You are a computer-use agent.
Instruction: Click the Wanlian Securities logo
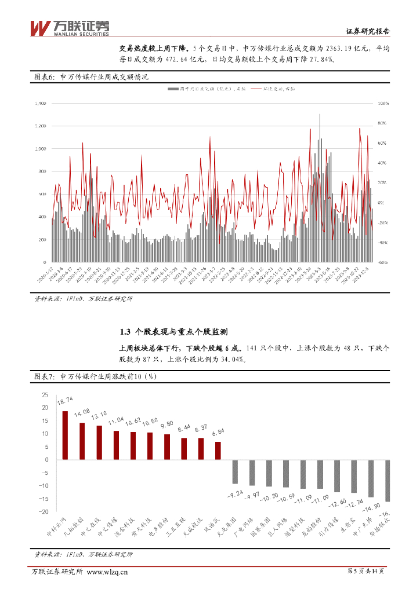pyautogui.click(x=68, y=28)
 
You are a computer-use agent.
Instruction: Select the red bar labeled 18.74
pyautogui.click(x=65, y=435)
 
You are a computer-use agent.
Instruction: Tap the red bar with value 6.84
pyautogui.click(x=218, y=451)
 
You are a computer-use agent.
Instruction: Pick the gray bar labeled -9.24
pyautogui.click(x=235, y=471)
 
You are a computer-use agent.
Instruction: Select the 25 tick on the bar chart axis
pyautogui.click(x=45, y=394)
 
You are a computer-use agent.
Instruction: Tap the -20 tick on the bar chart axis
pyautogui.click(x=44, y=512)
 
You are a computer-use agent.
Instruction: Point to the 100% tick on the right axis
pyautogui.click(x=382, y=103)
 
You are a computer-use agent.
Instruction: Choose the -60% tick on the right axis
pyautogui.click(x=382, y=262)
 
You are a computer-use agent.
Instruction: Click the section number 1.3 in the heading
pyautogui.click(x=124, y=332)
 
